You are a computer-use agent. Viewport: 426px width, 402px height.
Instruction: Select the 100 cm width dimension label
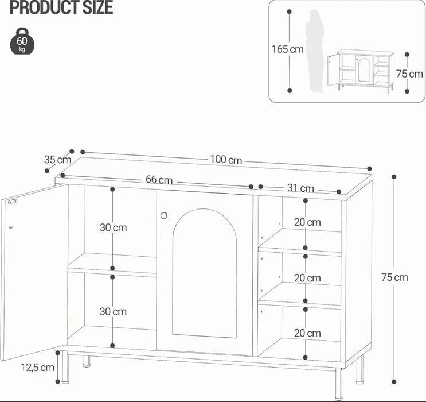pos(226,160)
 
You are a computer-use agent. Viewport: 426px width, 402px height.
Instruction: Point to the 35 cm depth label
pos(57,160)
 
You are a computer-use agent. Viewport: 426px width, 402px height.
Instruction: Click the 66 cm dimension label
pos(159,180)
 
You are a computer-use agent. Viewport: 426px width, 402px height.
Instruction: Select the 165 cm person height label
pos(287,49)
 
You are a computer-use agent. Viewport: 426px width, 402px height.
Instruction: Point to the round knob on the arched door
pos(164,215)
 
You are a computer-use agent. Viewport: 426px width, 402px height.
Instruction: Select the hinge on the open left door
pos(12,201)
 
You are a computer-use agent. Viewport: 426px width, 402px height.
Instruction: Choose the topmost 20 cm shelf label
pos(307,222)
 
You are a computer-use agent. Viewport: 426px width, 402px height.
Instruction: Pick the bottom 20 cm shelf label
pos(307,333)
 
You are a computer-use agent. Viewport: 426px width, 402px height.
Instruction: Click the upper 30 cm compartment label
pos(113,227)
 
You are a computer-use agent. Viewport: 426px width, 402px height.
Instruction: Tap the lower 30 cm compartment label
pos(113,312)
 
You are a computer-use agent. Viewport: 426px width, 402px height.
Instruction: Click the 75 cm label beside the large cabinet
pos(394,277)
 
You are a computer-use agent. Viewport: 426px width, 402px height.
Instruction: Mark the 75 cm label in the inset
pos(409,74)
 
